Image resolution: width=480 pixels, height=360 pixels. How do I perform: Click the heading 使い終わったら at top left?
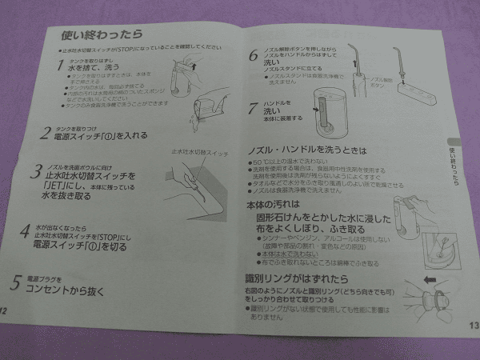pyautogui.click(x=98, y=35)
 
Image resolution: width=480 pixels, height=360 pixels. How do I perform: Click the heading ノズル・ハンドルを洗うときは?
pyautogui.click(x=300, y=150)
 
